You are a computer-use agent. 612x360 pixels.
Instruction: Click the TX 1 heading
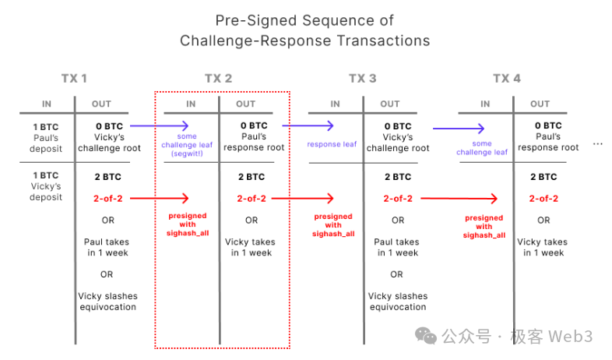(74, 79)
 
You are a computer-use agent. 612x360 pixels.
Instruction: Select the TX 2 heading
(218, 79)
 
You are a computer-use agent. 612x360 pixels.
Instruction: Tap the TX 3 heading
(363, 79)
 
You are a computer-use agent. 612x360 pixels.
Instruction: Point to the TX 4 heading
(507, 79)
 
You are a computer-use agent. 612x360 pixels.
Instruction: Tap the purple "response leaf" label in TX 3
(332, 144)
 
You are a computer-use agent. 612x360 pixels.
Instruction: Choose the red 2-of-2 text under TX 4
(543, 199)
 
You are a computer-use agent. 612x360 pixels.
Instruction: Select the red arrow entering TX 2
(159, 199)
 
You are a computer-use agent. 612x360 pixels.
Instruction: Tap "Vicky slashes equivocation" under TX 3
(397, 302)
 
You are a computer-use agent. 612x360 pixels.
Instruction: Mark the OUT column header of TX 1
(101, 104)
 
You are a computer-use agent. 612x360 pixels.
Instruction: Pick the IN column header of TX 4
(485, 104)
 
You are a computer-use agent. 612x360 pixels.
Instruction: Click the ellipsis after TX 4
(598, 144)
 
